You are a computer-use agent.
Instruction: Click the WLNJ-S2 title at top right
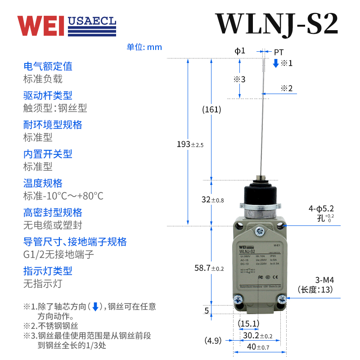276,24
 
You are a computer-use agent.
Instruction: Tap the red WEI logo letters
41,26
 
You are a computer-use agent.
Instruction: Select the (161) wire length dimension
211,109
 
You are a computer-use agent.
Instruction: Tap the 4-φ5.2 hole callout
321,209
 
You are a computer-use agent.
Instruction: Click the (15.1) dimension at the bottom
248,323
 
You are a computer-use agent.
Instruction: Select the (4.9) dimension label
213,340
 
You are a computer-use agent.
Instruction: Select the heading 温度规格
43,183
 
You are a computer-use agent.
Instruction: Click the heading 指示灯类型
48,271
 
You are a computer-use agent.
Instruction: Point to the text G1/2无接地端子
58,255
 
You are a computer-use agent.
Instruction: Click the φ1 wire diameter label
240,51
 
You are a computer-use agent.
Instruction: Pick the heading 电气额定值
48,66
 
